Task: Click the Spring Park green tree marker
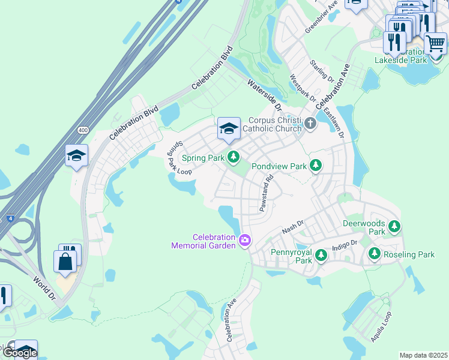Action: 234,158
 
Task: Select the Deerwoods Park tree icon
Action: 394,226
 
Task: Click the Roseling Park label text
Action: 409,255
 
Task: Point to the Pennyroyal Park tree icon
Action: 321,255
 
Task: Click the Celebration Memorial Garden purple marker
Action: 244,241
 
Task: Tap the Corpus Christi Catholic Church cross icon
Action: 310,124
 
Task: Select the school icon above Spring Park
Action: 229,128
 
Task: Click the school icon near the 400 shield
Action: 76,156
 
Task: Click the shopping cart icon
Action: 435,43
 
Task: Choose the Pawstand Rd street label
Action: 267,192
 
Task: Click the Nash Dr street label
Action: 293,227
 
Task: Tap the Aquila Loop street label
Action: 381,326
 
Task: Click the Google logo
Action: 20,352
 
